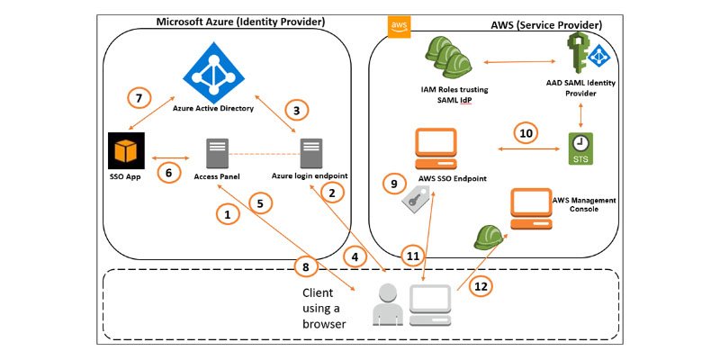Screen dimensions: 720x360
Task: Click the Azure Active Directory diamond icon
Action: pyautogui.click(x=213, y=73)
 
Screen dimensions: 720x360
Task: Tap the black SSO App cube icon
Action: pyautogui.click(x=126, y=151)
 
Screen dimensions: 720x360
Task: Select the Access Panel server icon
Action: pyautogui.click(x=217, y=153)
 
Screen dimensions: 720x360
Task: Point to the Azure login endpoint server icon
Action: pyautogui.click(x=311, y=153)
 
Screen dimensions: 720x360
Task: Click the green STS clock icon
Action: pyautogui.click(x=580, y=148)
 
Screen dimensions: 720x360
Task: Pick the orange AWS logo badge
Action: pyautogui.click(x=399, y=27)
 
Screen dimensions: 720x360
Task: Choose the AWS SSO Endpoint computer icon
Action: pyautogui.click(x=436, y=148)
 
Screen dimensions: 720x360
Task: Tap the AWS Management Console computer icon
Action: pyautogui.click(x=531, y=209)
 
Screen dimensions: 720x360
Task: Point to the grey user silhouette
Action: pyautogui.click(x=388, y=304)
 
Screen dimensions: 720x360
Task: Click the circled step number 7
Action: pyautogui.click(x=139, y=97)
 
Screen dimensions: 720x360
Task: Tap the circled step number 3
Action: pyautogui.click(x=296, y=110)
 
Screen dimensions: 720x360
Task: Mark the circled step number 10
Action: pyautogui.click(x=526, y=133)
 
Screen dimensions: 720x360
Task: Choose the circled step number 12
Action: pyautogui.click(x=481, y=286)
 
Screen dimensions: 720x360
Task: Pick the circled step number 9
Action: pyautogui.click(x=394, y=184)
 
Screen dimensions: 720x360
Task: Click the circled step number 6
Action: pyautogui.click(x=168, y=172)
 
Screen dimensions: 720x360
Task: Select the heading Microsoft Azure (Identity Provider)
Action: pyautogui.click(x=240, y=22)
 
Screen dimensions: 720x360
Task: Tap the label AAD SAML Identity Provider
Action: pyautogui.click(x=580, y=88)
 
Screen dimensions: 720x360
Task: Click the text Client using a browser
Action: pyautogui.click(x=324, y=308)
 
